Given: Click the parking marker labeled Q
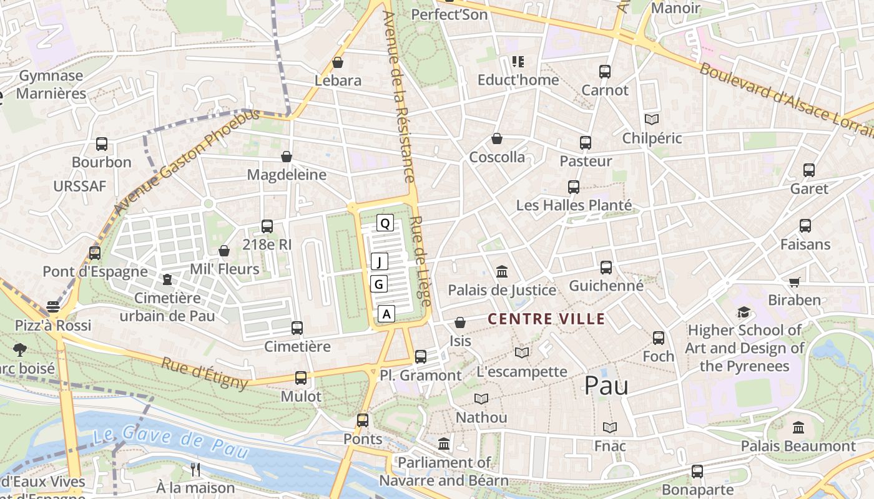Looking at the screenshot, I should (x=385, y=223).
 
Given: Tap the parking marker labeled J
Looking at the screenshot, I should (x=380, y=261).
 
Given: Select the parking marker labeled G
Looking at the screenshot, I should (x=379, y=284).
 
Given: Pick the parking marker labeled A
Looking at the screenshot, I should (x=387, y=314).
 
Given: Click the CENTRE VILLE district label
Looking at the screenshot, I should (x=546, y=319).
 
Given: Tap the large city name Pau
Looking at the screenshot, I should (x=606, y=386).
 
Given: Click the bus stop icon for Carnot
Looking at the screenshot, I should (x=604, y=72).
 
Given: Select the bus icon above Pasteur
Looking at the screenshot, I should (x=585, y=143).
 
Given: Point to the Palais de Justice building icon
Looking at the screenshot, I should (x=501, y=271).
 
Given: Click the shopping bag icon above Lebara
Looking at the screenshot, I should (x=338, y=62).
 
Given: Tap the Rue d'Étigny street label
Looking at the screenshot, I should (x=205, y=372).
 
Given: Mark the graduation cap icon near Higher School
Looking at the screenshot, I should (x=743, y=312).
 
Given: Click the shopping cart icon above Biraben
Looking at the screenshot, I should (x=794, y=282).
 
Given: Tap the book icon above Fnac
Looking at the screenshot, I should (x=610, y=427).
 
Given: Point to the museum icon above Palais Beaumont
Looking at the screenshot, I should (x=798, y=428).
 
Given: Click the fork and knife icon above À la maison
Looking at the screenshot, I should (x=195, y=469).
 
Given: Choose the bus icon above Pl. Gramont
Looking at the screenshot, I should (x=421, y=357).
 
